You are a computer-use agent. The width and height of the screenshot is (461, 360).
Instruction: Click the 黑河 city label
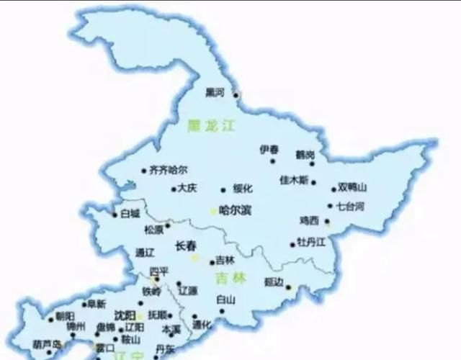click(x=215, y=92)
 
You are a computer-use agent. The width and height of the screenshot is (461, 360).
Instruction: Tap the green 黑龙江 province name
click(x=212, y=125)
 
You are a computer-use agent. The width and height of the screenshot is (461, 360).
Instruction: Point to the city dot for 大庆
click(x=174, y=189)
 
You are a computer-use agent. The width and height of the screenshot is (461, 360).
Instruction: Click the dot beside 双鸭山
click(x=334, y=189)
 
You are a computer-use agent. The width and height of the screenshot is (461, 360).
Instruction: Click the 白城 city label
click(x=130, y=213)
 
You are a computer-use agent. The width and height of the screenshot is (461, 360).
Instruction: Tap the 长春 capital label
click(x=186, y=246)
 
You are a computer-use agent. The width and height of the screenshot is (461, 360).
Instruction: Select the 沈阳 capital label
click(x=125, y=315)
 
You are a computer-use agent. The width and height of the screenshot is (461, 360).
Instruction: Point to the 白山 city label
click(x=225, y=300)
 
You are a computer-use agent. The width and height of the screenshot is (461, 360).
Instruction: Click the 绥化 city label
click(x=243, y=189)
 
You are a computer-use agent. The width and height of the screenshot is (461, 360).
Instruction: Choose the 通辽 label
click(x=145, y=252)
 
